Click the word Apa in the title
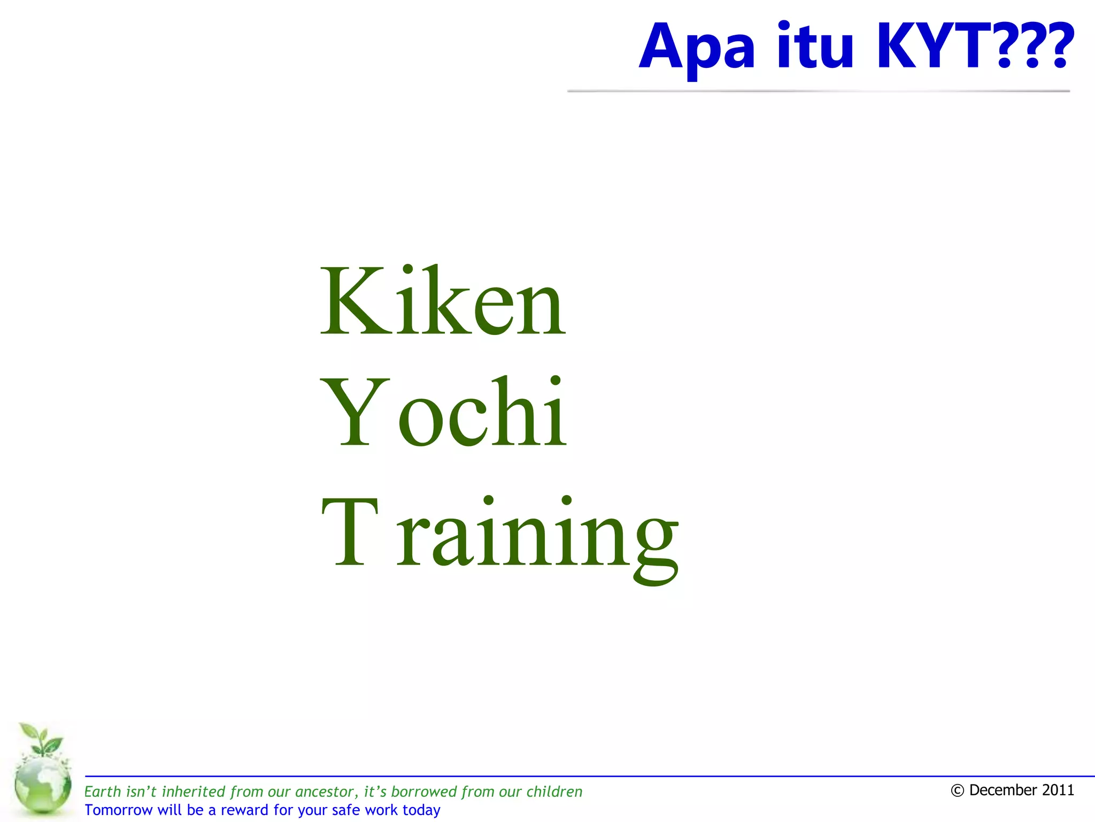tap(697, 48)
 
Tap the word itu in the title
tap(815, 47)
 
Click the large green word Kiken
tap(442, 301)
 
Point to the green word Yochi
tap(443, 412)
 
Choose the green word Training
tap(499, 535)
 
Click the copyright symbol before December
tap(957, 790)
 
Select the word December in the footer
tap(1000, 790)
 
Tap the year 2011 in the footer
tap(1057, 790)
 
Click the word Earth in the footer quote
tap(103, 791)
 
